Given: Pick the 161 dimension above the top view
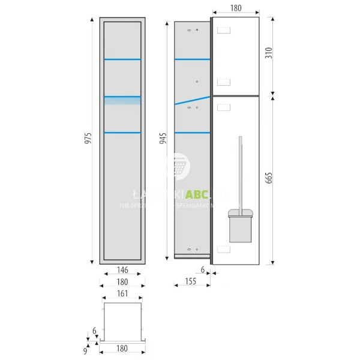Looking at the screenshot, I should (x=122, y=294).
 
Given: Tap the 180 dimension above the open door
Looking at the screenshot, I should (x=236, y=8).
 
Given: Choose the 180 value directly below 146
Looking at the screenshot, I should (x=122, y=281).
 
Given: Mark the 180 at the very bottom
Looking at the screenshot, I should (x=122, y=349).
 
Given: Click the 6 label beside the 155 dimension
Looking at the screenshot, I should (x=203, y=271).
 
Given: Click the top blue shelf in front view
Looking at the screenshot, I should (x=122, y=59).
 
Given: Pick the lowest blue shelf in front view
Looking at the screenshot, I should (x=122, y=132).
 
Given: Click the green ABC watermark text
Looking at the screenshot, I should (x=197, y=194).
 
